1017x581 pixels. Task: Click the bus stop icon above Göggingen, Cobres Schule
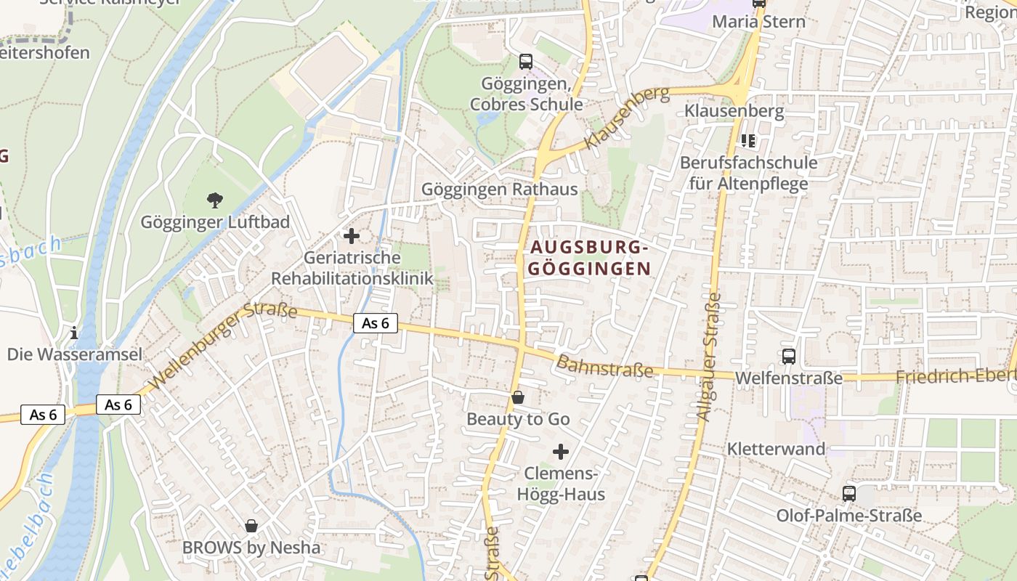coord(525,62)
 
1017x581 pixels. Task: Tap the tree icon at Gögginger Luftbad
coord(214,200)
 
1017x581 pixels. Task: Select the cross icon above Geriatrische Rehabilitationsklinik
coord(352,236)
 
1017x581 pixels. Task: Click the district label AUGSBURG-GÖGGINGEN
coord(588,258)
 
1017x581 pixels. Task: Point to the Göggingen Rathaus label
coord(500,190)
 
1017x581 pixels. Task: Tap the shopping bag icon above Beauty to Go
coord(518,397)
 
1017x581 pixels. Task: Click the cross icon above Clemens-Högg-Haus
coord(561,452)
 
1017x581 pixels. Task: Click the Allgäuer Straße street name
coord(709,356)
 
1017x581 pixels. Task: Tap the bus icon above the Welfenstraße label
coord(789,357)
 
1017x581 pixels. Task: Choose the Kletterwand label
coord(777,449)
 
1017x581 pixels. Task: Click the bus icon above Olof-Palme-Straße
coord(848,494)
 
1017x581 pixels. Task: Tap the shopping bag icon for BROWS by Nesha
coord(251,525)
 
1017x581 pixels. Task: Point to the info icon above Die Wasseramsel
coord(73,333)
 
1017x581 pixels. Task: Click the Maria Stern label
coord(758,22)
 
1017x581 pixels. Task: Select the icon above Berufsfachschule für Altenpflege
coord(748,140)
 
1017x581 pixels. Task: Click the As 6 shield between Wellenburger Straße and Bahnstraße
coord(376,323)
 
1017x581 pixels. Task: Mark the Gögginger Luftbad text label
coord(215,222)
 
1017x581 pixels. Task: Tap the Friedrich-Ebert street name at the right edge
coord(955,376)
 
